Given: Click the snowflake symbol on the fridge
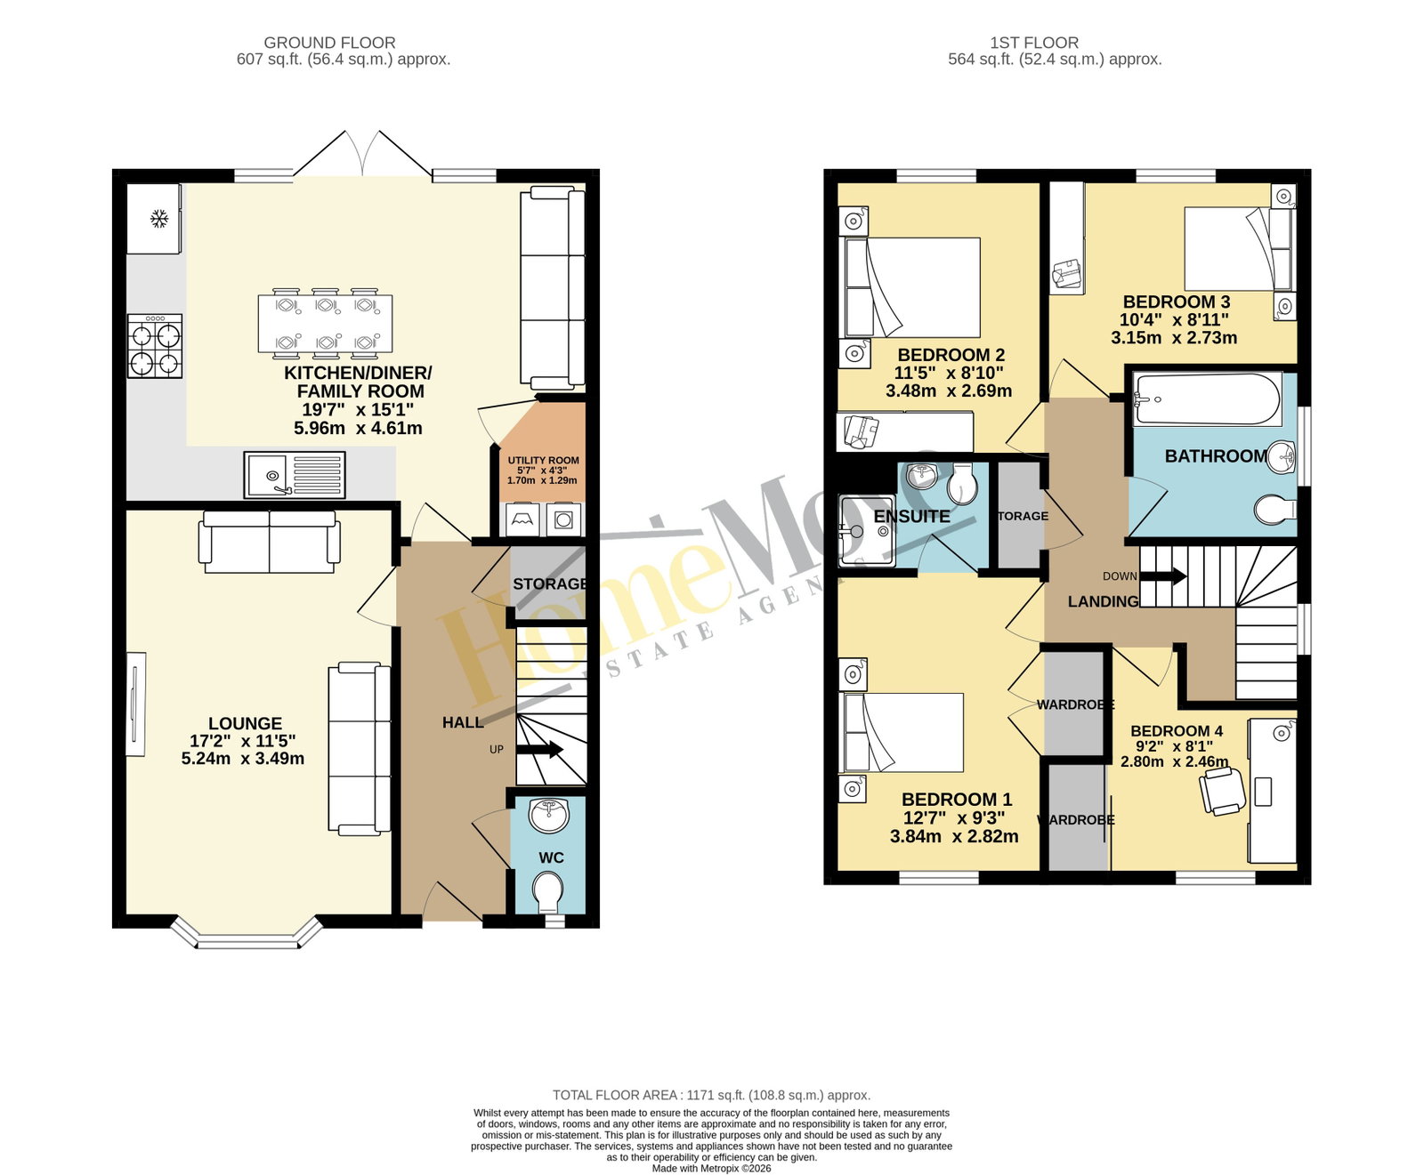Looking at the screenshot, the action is (159, 218).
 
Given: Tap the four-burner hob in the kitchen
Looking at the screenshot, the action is (155, 346).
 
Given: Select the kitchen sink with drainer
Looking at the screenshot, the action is (295, 475).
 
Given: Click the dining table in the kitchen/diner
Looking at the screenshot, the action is (324, 320).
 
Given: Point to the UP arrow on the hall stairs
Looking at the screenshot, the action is (539, 750).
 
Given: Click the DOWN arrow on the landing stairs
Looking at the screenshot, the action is (1163, 575).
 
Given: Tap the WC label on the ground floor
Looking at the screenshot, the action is (551, 857).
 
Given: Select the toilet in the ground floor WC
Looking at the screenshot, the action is (548, 892).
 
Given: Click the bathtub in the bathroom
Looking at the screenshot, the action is (1208, 399).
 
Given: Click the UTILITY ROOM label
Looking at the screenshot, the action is (543, 460).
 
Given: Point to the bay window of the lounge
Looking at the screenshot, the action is (246, 933).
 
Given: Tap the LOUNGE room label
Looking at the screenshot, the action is (245, 724).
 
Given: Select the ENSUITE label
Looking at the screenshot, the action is (912, 516).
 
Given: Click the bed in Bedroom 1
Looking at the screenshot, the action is (902, 732).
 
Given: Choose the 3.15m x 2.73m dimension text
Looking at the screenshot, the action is (1174, 338).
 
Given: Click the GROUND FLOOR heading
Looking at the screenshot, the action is (329, 42).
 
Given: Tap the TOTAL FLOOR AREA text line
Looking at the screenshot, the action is (712, 1095).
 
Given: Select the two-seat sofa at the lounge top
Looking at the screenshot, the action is (270, 542).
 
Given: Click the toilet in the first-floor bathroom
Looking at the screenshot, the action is (1274, 511).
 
